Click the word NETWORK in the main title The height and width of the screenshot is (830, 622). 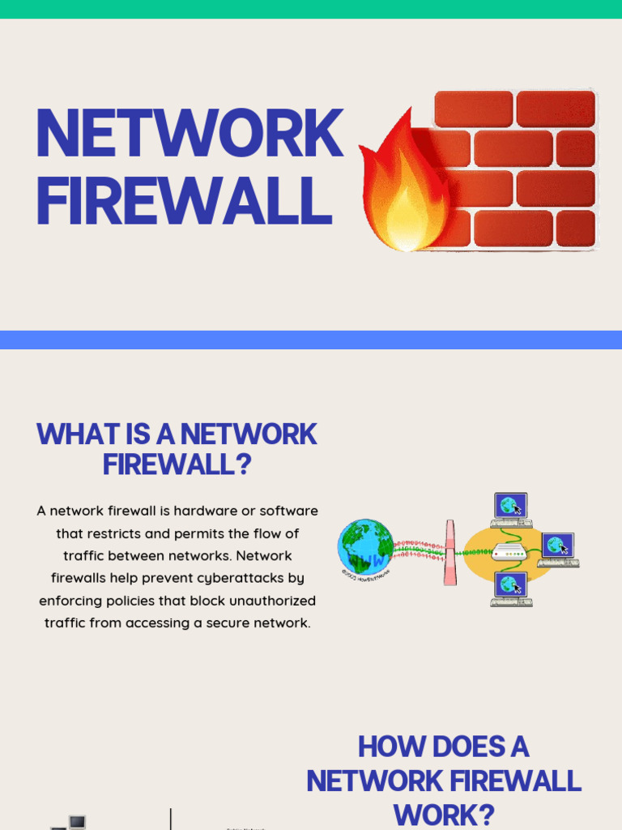click(189, 134)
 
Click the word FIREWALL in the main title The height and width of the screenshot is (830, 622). click(184, 201)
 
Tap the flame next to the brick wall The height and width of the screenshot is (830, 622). click(402, 190)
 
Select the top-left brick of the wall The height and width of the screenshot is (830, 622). click(473, 109)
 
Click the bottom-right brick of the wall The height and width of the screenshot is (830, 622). click(575, 229)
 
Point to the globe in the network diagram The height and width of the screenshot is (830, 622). click(365, 547)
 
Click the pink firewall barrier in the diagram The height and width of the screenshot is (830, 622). click(450, 553)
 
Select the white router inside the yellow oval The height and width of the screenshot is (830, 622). click(509, 554)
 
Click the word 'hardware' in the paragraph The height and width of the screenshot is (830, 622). click(195, 511)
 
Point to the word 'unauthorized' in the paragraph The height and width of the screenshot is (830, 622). click(271, 601)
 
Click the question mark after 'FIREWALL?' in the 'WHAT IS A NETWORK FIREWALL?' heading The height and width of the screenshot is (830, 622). click(244, 465)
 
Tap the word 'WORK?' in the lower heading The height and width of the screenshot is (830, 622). click(444, 814)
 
